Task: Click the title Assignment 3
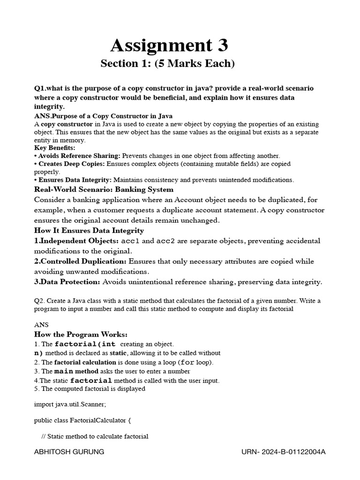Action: tap(169, 45)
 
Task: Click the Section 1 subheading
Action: tap(167, 63)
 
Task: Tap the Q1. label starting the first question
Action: tap(40, 88)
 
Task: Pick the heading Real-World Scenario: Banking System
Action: tap(104, 189)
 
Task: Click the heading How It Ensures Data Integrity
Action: tap(89, 231)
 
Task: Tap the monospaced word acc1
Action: tap(130, 241)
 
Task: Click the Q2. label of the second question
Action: tap(40, 300)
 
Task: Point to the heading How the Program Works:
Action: tap(81, 334)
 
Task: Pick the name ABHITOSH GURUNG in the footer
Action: tap(69, 452)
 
